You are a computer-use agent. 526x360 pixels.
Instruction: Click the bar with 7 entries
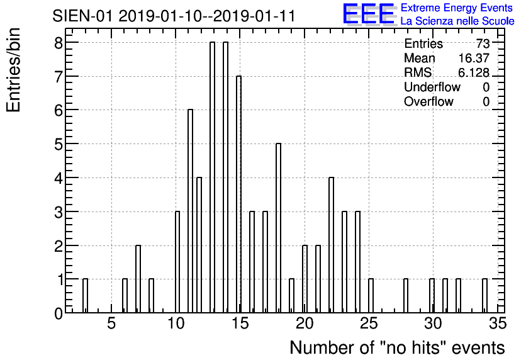tap(239, 194)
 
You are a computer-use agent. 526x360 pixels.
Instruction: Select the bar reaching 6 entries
tap(190, 211)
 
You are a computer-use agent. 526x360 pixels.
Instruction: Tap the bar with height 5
tap(279, 228)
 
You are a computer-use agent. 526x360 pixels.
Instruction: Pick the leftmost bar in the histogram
tap(85, 296)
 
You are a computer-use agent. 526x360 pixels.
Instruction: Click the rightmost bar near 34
tap(484, 296)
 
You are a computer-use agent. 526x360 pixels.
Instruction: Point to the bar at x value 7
tap(138, 279)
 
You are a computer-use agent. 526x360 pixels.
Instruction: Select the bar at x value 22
tap(331, 245)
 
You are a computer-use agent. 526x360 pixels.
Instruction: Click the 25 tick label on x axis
tap(369, 323)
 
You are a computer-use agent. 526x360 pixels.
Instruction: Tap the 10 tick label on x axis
tap(176, 323)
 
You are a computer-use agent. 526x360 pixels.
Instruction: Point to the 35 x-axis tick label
tap(498, 323)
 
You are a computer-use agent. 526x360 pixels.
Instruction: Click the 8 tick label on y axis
tap(59, 43)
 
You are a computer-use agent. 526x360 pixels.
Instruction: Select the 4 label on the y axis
tap(59, 178)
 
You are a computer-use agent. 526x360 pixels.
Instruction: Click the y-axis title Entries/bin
tap(13, 70)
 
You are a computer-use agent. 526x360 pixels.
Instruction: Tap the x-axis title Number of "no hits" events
tap(397, 347)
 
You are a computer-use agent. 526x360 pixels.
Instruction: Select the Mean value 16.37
tap(474, 58)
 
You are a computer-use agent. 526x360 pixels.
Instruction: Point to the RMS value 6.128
tap(474, 72)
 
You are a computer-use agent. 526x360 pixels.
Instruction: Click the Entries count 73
tap(483, 43)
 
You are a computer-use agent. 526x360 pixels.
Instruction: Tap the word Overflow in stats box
tap(428, 101)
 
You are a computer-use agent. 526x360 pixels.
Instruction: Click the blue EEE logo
tap(369, 14)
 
